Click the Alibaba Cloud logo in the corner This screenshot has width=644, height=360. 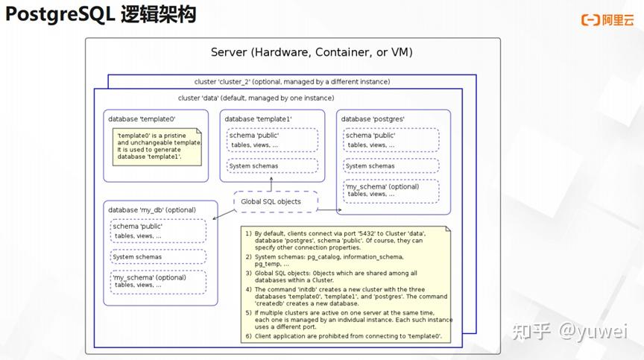(607, 19)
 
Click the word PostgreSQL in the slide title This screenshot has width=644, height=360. (60, 15)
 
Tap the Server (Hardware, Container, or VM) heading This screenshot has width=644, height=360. (312, 52)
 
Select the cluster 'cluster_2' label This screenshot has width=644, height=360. (292, 82)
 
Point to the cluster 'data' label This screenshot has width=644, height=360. (256, 98)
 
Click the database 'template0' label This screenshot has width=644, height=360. (142, 119)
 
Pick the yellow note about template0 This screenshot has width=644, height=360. (157, 147)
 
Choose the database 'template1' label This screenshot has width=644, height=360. (258, 119)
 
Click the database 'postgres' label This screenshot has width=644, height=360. (373, 119)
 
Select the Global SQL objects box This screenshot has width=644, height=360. (276, 201)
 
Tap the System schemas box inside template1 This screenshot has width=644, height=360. (272, 165)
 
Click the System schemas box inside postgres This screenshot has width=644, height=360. (391, 165)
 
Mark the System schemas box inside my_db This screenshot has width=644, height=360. (158, 256)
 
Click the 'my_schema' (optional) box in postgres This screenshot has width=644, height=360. (391, 192)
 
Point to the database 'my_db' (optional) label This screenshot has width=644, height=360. (152, 209)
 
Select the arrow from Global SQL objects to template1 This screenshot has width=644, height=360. (271, 184)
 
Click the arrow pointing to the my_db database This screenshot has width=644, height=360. (224, 214)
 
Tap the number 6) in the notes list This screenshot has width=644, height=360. (248, 336)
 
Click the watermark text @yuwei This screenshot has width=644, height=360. (593, 332)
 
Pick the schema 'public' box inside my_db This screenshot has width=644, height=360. (158, 231)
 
